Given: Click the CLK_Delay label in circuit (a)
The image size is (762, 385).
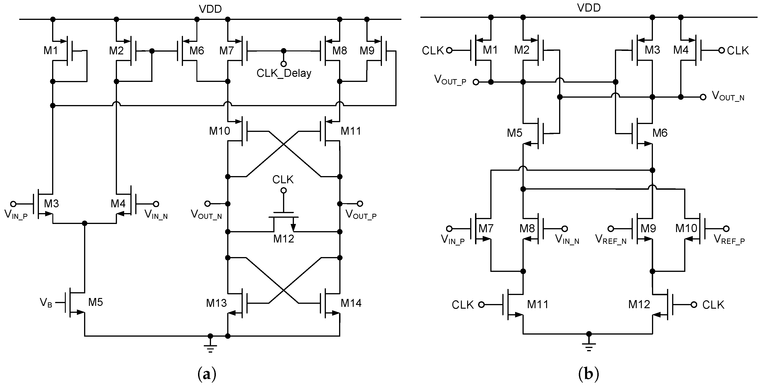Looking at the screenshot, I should pyautogui.click(x=284, y=73).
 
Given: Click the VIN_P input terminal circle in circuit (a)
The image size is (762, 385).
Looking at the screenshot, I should pyautogui.click(x=13, y=204).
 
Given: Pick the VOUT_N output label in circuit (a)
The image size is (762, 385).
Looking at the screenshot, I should pyautogui.click(x=206, y=214).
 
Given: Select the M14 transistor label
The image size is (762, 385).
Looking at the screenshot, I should pyautogui.click(x=351, y=303).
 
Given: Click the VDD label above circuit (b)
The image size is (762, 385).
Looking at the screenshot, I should pyautogui.click(x=589, y=8).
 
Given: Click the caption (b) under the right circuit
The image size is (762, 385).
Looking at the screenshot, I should pyautogui.click(x=588, y=374).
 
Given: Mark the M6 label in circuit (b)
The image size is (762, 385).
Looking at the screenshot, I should pyautogui.click(x=660, y=133).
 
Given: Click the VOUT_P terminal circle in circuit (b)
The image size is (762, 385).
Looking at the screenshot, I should pyautogui.click(x=476, y=82).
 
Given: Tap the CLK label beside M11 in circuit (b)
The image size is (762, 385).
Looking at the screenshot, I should pyautogui.click(x=463, y=305).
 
